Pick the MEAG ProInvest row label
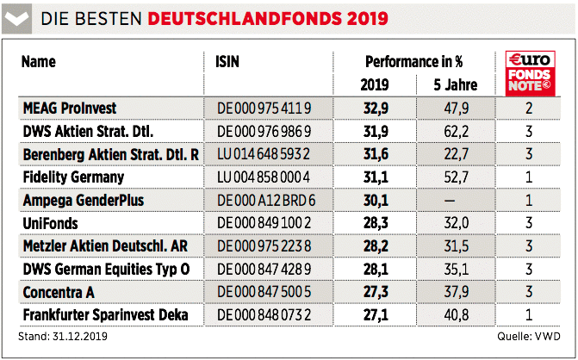pyautogui.click(x=69, y=108)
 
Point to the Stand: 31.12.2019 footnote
pyautogui.click(x=59, y=335)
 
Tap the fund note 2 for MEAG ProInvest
pyautogui.click(x=529, y=108)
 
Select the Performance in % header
pyautogui.click(x=413, y=62)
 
